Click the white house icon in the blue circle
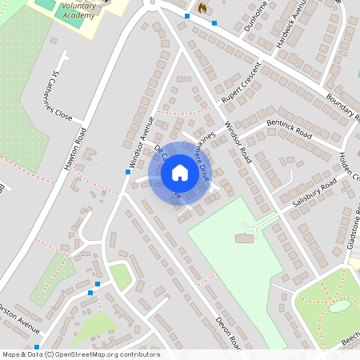coord(179,172)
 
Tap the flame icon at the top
coord(202,8)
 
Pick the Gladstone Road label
coord(350,232)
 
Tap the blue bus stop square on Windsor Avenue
coord(128,171)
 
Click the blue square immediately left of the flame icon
coord(187,15)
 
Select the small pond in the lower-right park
coord(339,306)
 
